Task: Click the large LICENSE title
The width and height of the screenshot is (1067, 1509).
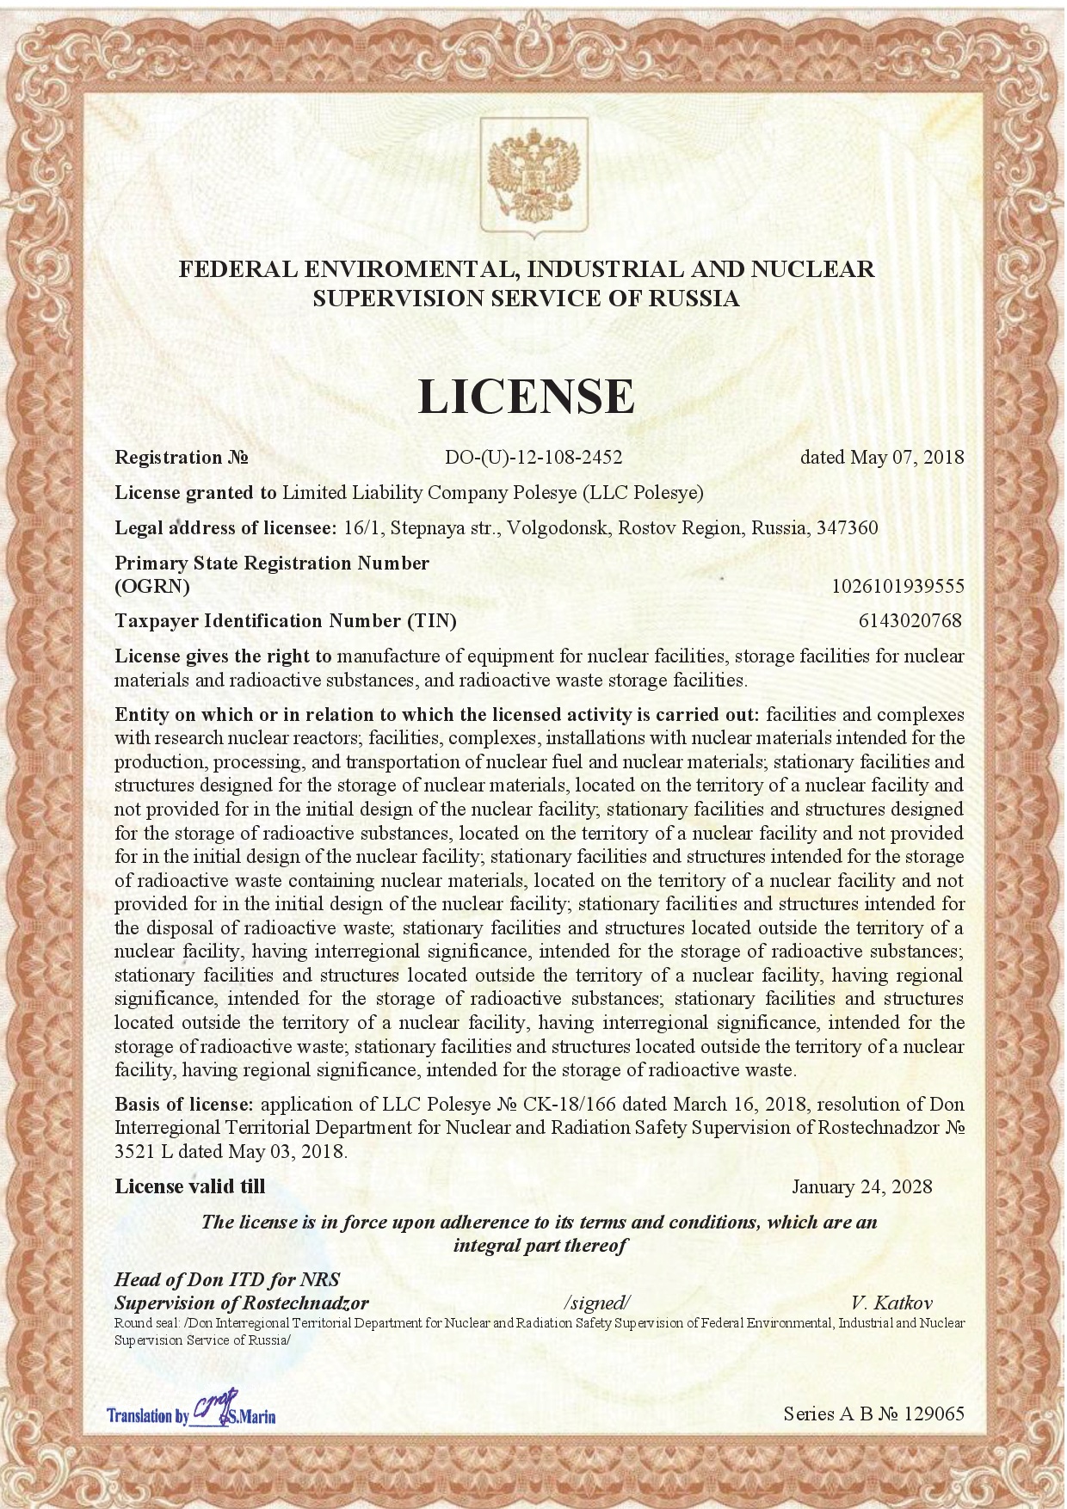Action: click(x=526, y=396)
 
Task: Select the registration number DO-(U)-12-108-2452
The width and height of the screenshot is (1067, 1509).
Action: click(x=533, y=458)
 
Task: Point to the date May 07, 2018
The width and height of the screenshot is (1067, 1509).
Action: click(x=907, y=458)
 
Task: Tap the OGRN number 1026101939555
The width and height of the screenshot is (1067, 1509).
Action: click(x=897, y=587)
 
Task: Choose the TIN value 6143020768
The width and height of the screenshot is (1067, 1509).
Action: click(x=910, y=620)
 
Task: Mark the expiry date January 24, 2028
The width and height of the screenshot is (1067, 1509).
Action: click(x=861, y=1187)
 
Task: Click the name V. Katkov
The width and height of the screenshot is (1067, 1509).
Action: click(x=891, y=1303)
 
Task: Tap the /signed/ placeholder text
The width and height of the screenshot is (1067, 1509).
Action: click(x=597, y=1303)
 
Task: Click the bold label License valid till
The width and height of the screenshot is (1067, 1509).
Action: click(x=190, y=1187)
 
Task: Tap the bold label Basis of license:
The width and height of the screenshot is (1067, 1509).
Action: click(x=184, y=1105)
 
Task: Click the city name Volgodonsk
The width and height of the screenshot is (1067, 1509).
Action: click(x=557, y=527)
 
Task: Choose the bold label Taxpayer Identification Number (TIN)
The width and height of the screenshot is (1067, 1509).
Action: click(x=286, y=620)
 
